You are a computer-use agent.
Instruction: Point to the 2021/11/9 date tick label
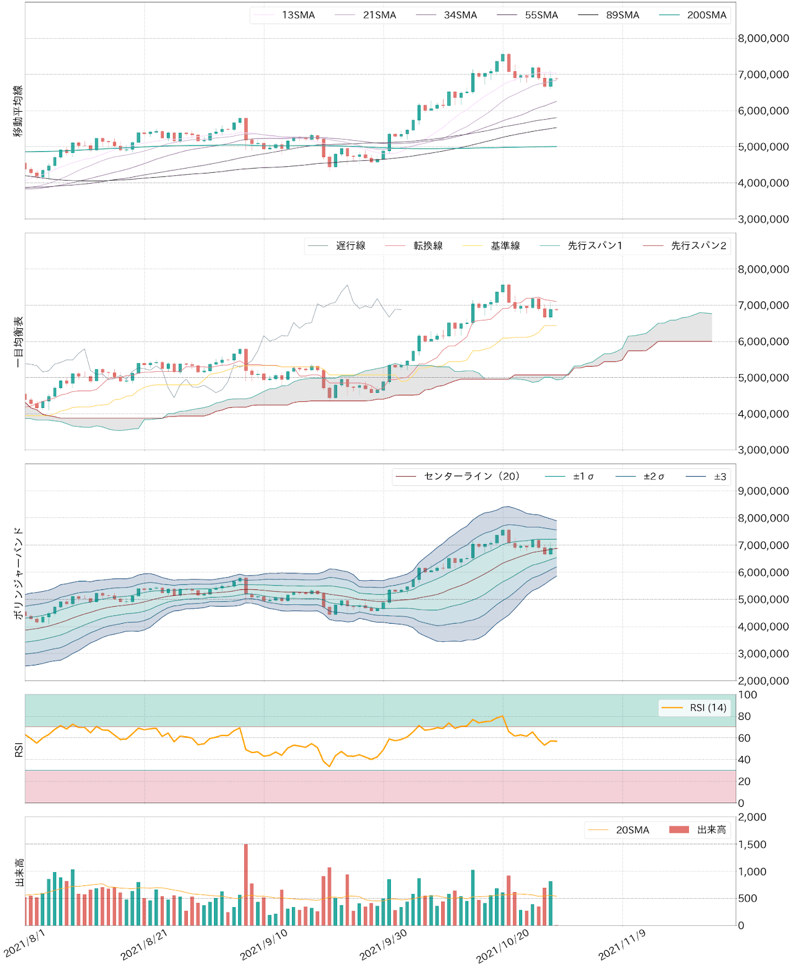pyautogui.click(x=622, y=945)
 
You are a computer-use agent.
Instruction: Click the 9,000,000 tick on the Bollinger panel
pyautogui.click(x=763, y=491)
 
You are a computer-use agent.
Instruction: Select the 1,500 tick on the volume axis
pyautogui.click(x=752, y=844)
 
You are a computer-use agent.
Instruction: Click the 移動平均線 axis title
pyautogui.click(x=18, y=111)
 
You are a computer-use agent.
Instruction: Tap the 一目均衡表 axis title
pyautogui.click(x=18, y=341)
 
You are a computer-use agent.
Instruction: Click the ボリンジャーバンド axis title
pyautogui.click(x=18, y=572)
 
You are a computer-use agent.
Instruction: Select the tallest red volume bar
pyautogui.click(x=246, y=885)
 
